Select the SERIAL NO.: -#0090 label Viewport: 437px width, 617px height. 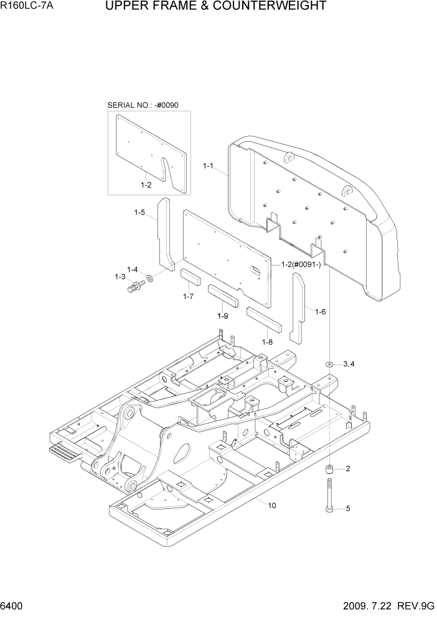coord(143,106)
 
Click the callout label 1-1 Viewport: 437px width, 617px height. coord(209,166)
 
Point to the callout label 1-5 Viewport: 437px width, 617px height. coord(139,213)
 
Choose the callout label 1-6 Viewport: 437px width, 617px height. coord(321,312)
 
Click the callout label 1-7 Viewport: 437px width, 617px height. coord(189,297)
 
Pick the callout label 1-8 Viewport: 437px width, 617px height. coord(267,342)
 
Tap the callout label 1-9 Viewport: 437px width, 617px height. coord(223,316)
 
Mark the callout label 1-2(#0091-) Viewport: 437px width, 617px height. coord(302,264)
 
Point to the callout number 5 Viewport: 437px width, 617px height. coord(348,509)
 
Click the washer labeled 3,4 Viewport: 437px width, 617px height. coord(329,363)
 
